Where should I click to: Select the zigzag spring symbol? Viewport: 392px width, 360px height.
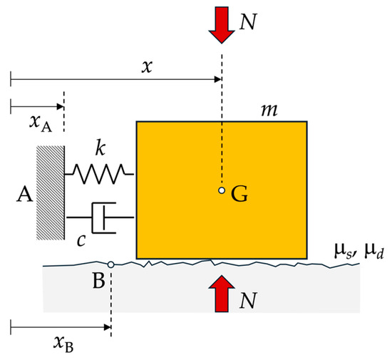(100, 171)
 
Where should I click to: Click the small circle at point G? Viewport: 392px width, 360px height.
(222, 190)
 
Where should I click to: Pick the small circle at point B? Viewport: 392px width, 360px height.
(110, 264)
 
